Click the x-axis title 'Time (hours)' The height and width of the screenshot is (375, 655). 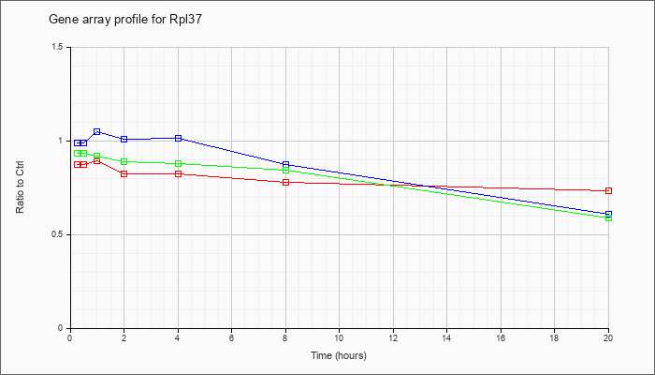[x=339, y=355]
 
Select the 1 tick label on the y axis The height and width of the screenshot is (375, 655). [x=62, y=141]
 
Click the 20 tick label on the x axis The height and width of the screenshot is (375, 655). [x=609, y=338]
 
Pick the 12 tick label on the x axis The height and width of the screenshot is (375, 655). [x=393, y=338]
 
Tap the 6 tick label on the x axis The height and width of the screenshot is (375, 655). [x=231, y=338]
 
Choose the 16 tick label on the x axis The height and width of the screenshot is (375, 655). [x=501, y=338]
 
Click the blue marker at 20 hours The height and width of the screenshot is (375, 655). [x=609, y=214]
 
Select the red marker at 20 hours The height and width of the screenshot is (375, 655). [x=609, y=191]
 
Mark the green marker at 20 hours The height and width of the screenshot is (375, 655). [x=609, y=217]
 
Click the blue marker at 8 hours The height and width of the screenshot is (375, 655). [x=285, y=165]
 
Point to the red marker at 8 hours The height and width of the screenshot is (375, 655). [x=285, y=182]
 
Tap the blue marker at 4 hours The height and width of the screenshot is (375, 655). [x=178, y=139]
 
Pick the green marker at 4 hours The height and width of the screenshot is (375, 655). [x=178, y=164]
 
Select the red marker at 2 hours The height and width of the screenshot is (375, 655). [x=124, y=173]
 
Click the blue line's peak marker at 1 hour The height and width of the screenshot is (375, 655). [x=96, y=132]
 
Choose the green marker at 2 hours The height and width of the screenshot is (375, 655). [x=124, y=161]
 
